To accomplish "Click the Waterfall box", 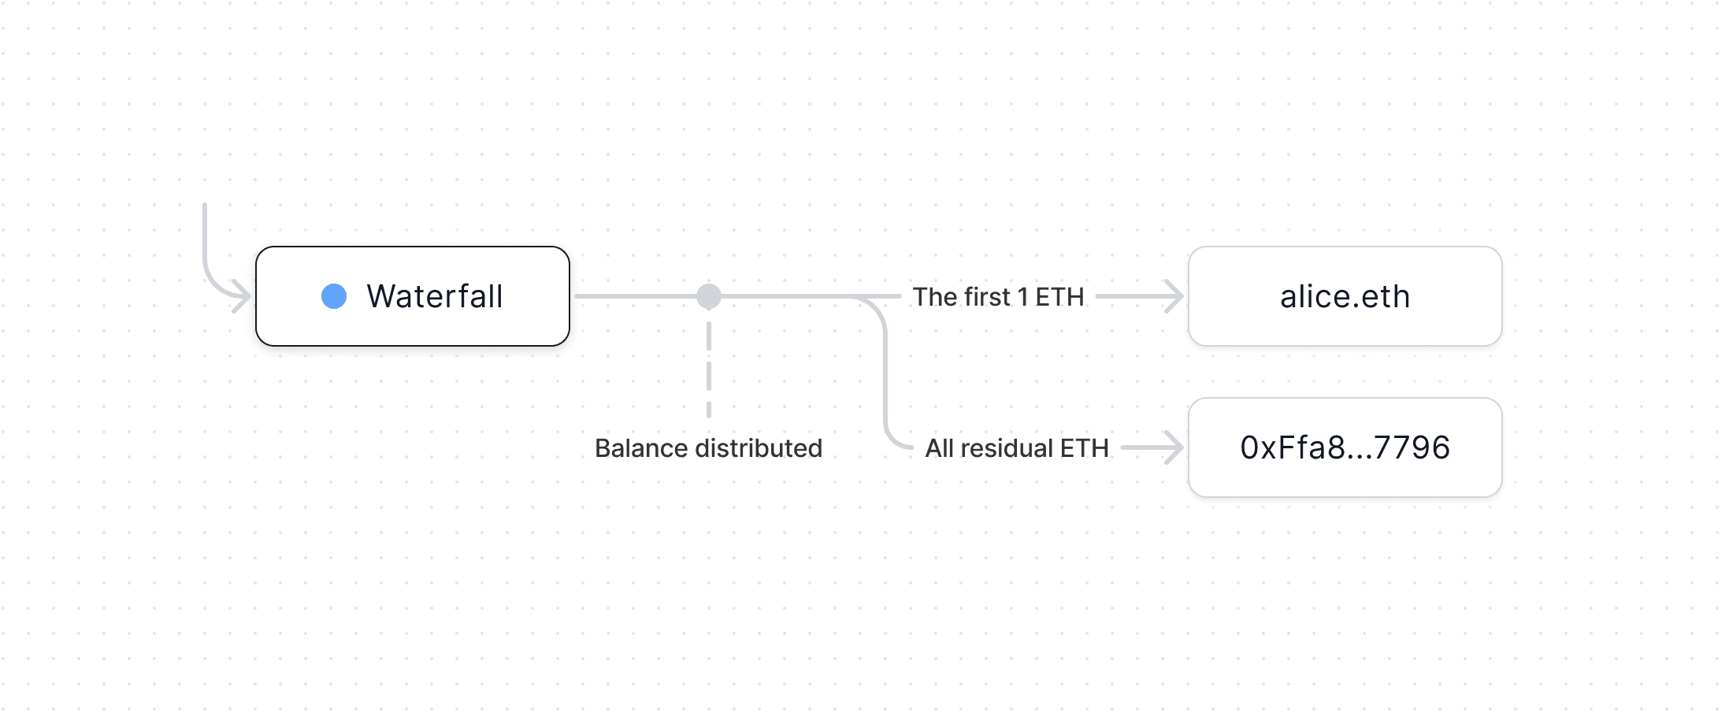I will click(412, 296).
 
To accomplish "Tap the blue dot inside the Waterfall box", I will click(334, 296).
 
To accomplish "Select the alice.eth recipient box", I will click(1345, 296).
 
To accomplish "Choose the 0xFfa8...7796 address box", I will click(1345, 447).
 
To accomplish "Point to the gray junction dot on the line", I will click(709, 296).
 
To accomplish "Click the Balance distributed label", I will click(708, 448).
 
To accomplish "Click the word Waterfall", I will click(435, 296).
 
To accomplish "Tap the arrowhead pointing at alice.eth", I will click(1176, 296).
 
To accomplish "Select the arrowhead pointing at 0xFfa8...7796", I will click(1176, 447).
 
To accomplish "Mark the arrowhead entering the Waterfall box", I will click(243, 296).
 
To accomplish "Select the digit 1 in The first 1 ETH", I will click(1022, 297).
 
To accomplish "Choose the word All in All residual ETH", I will click(940, 448).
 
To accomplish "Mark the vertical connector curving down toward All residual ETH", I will click(885, 370).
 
